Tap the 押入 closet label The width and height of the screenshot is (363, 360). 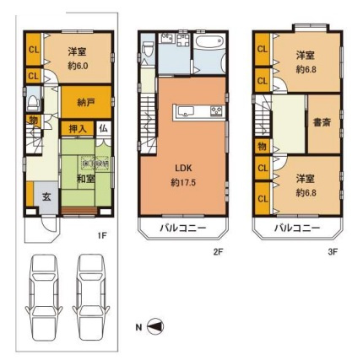coord(74,128)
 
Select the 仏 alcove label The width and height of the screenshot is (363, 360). coord(101,128)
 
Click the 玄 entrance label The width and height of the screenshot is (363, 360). coord(46,197)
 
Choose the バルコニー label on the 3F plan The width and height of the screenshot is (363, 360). coord(296,228)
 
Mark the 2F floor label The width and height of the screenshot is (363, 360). coord(217,251)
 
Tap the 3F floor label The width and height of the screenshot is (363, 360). coord(332,251)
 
